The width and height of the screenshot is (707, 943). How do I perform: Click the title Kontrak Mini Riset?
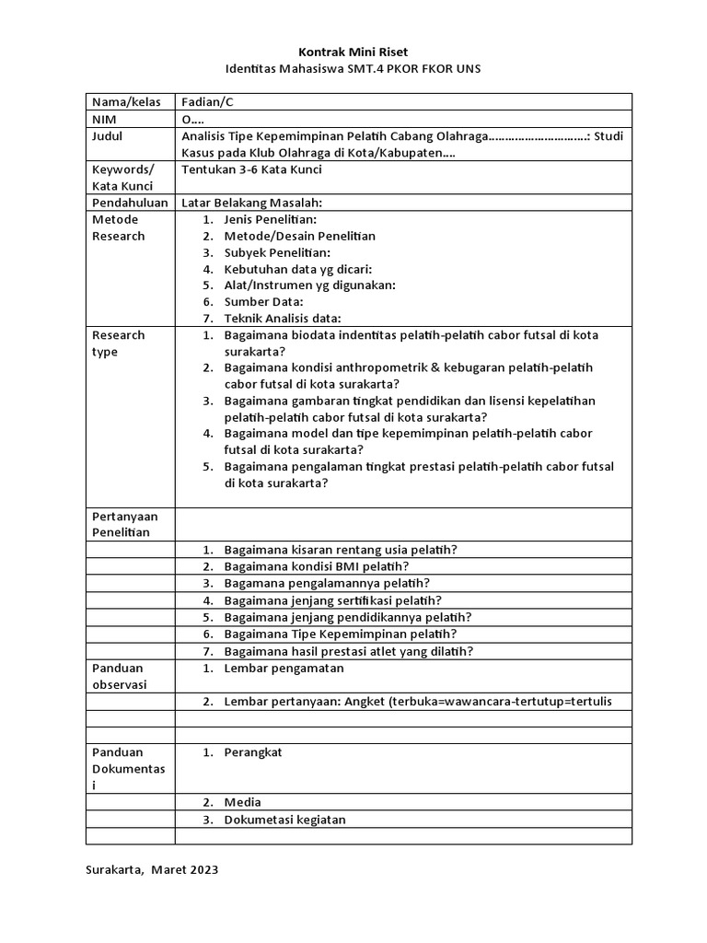[353, 52]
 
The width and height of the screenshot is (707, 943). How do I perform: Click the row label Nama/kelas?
[124, 102]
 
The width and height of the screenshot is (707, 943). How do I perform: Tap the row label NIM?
[101, 120]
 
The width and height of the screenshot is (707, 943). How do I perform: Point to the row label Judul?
[107, 136]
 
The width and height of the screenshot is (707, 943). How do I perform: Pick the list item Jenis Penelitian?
[270, 219]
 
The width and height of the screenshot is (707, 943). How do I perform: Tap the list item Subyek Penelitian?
[277, 252]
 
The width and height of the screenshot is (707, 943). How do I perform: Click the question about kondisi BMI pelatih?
[317, 566]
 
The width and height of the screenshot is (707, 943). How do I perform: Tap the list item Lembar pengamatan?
[284, 668]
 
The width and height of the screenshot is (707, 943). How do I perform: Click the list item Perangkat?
[252, 752]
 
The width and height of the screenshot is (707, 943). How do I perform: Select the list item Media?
[242, 802]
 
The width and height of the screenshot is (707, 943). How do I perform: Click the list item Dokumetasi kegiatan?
[284, 820]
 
